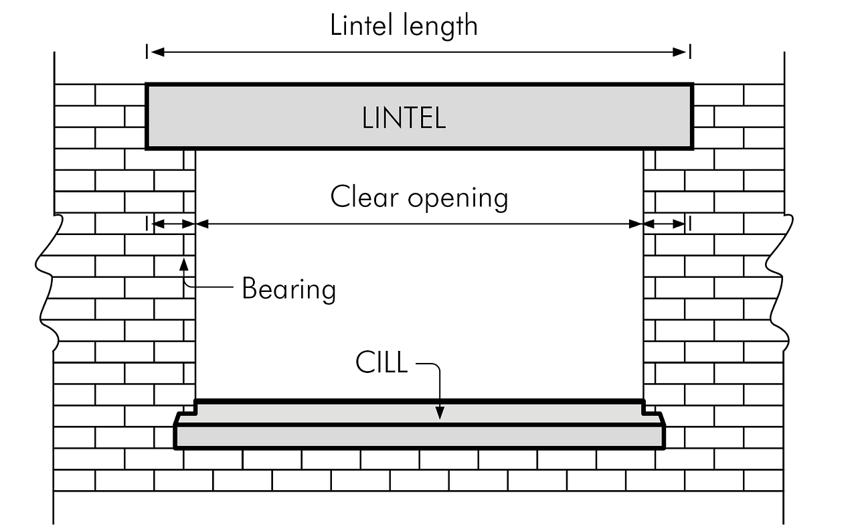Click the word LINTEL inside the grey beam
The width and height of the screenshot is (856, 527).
pyautogui.click(x=404, y=119)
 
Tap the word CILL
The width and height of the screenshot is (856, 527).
pyautogui.click(x=381, y=363)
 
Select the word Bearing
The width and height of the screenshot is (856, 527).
pyautogui.click(x=288, y=289)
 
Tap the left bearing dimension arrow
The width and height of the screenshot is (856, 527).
pyautogui.click(x=171, y=224)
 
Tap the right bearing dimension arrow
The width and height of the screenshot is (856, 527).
pyautogui.click(x=666, y=224)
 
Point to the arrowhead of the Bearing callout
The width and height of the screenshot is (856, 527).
pyautogui.click(x=183, y=262)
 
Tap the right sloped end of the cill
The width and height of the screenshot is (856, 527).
pyautogui.click(x=661, y=419)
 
